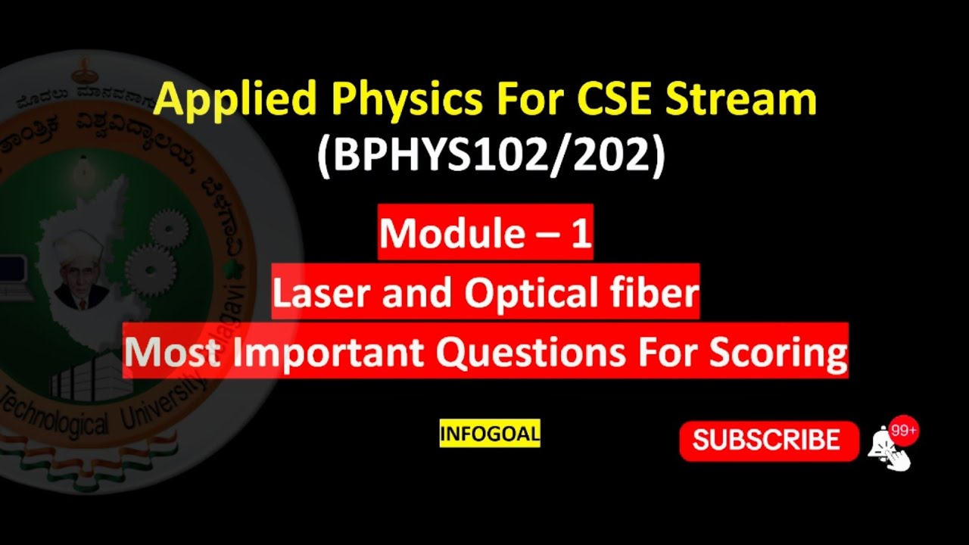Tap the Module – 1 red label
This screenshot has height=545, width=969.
click(x=485, y=233)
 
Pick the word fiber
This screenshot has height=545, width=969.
click(x=657, y=292)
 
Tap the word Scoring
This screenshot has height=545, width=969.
click(x=778, y=351)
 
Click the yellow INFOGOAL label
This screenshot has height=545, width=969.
click(x=490, y=434)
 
